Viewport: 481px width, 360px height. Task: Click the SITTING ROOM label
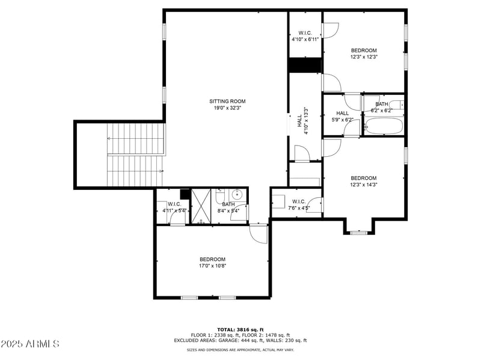[227, 102]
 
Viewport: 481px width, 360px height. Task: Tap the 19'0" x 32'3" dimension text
[227, 108]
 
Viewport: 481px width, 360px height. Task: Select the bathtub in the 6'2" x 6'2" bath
[384, 126]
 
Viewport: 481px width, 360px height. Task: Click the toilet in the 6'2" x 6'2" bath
[395, 105]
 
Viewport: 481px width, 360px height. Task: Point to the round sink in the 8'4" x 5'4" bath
[237, 194]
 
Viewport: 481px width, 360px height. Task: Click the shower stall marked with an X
[202, 206]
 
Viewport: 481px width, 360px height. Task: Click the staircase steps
[135, 154]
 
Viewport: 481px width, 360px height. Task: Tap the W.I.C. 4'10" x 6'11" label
[305, 36]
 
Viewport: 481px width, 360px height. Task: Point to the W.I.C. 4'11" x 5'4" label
[174, 207]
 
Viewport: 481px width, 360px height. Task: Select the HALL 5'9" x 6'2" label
[343, 116]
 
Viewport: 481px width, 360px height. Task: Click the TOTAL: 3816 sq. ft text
[240, 329]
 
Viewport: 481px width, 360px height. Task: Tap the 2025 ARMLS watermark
[30, 344]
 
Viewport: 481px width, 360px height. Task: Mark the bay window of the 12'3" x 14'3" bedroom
[359, 231]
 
